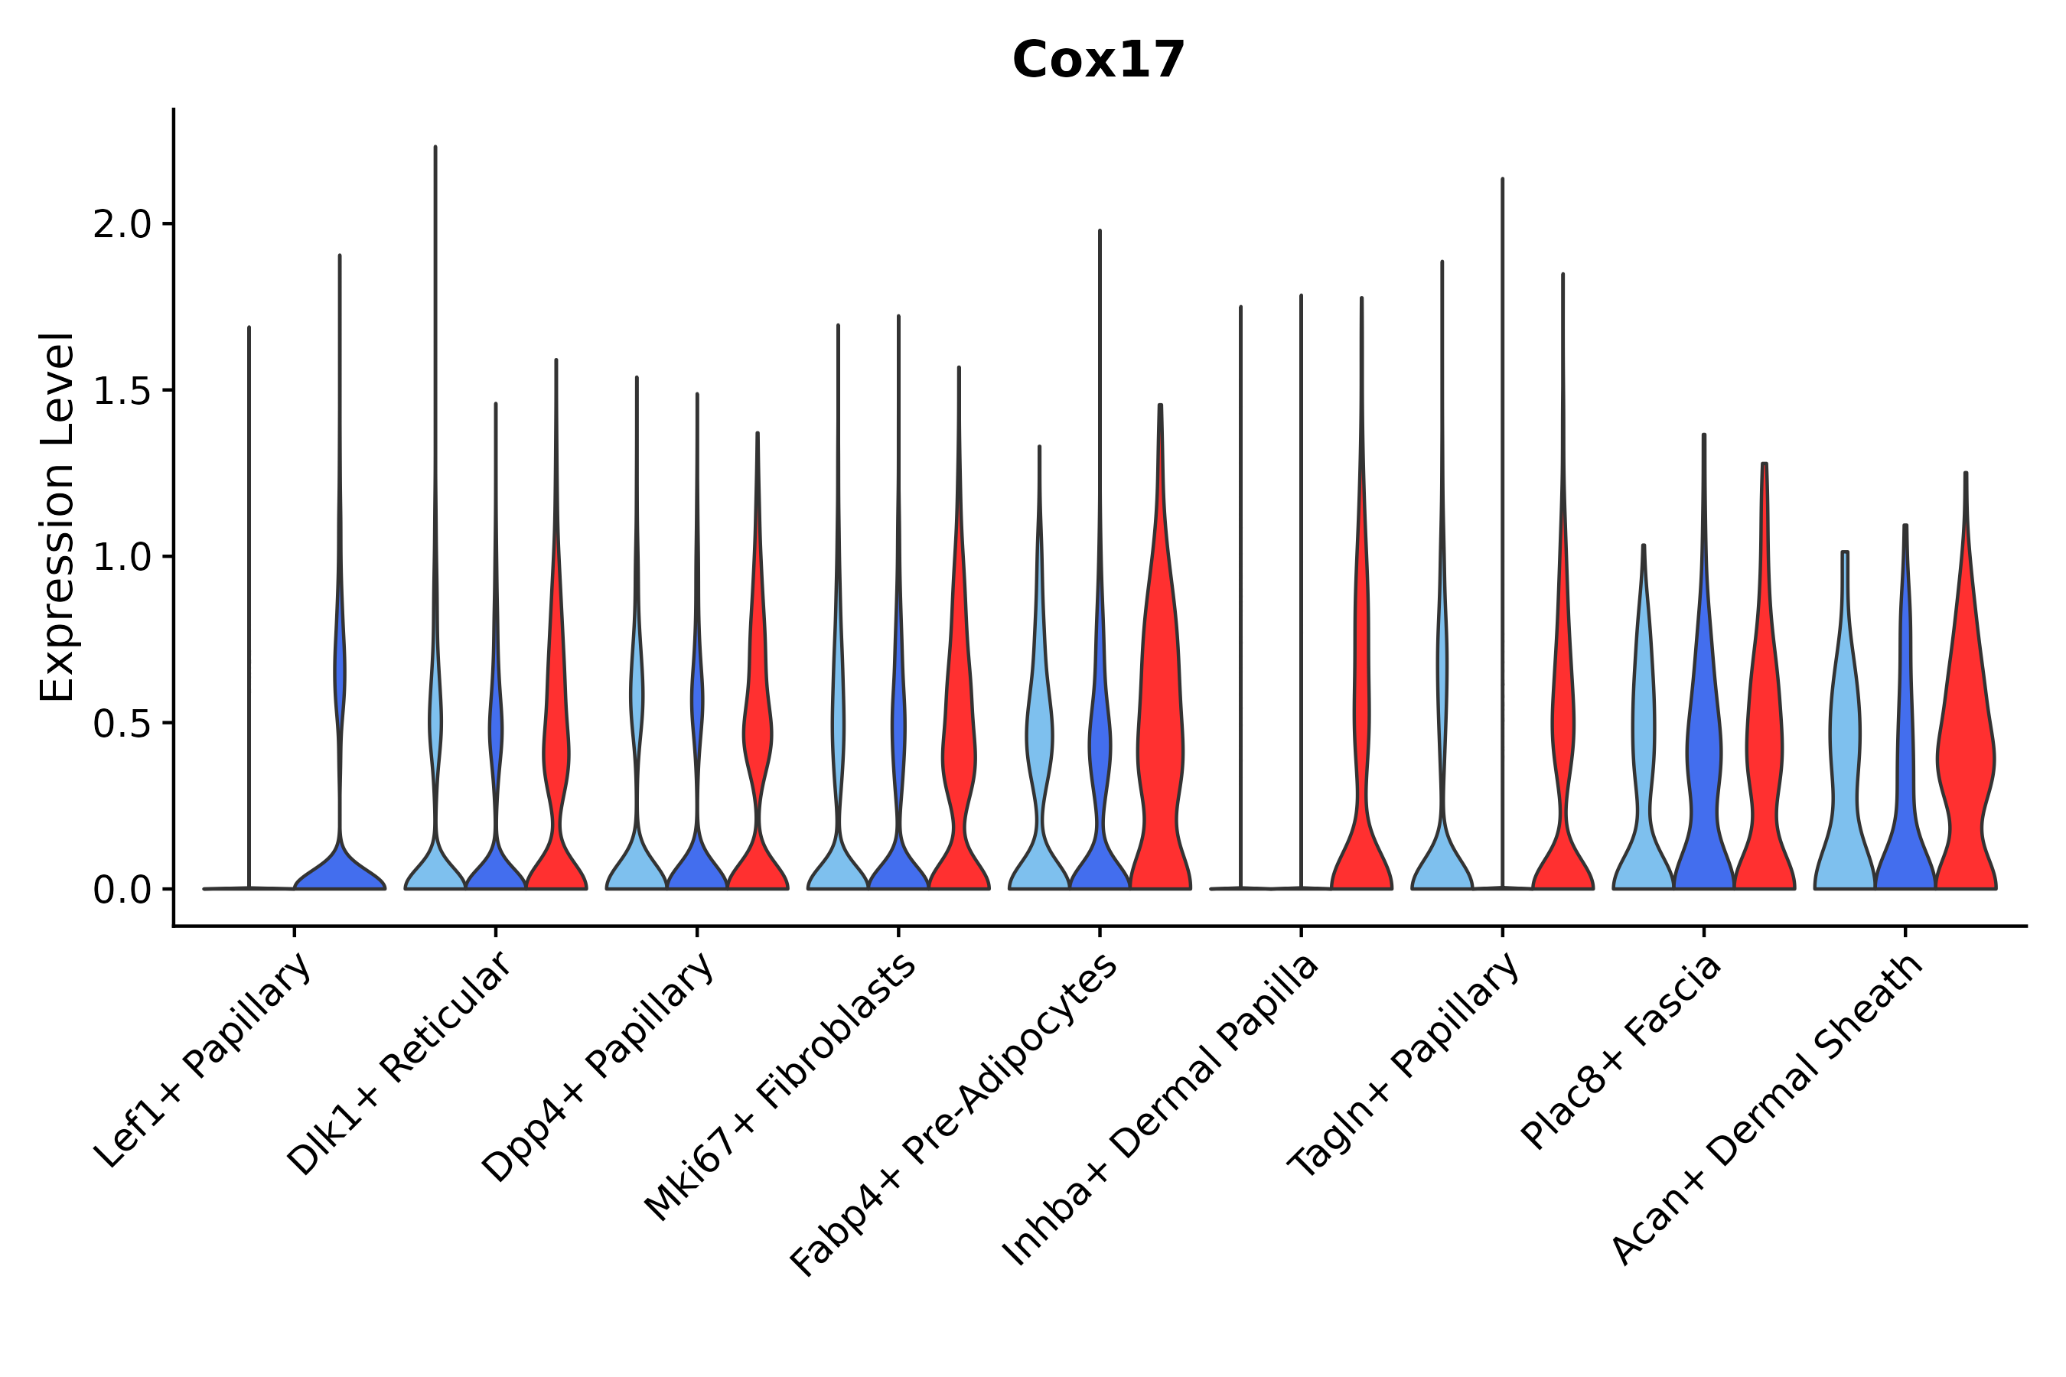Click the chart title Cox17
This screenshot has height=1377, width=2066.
click(x=1098, y=60)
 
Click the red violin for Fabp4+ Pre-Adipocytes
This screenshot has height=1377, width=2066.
click(x=1159, y=747)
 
